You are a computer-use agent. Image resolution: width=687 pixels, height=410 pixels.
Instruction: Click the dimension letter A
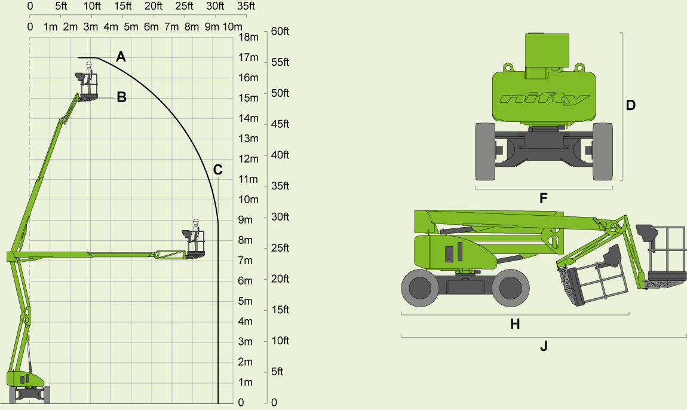(121, 57)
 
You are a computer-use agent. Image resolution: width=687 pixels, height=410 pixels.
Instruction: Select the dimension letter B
(121, 97)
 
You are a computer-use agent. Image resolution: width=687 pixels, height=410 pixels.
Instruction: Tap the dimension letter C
(218, 170)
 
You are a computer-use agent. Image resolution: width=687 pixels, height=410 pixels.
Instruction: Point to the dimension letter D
(630, 106)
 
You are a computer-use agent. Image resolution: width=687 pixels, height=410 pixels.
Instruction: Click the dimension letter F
(544, 198)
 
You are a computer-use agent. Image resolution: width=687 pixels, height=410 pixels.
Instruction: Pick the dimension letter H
(515, 324)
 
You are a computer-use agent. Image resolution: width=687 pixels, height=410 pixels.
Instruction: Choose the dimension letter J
(544, 346)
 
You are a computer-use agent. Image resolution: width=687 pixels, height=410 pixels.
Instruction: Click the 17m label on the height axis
(248, 57)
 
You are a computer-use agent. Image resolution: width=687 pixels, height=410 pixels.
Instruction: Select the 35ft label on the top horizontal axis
(246, 7)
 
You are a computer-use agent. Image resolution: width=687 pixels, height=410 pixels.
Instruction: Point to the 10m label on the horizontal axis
(232, 27)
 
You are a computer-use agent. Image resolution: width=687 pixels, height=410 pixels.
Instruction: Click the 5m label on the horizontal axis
(131, 27)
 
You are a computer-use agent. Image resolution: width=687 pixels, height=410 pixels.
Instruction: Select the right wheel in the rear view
(603, 151)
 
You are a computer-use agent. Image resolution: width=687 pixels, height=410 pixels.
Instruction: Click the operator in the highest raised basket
(90, 74)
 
